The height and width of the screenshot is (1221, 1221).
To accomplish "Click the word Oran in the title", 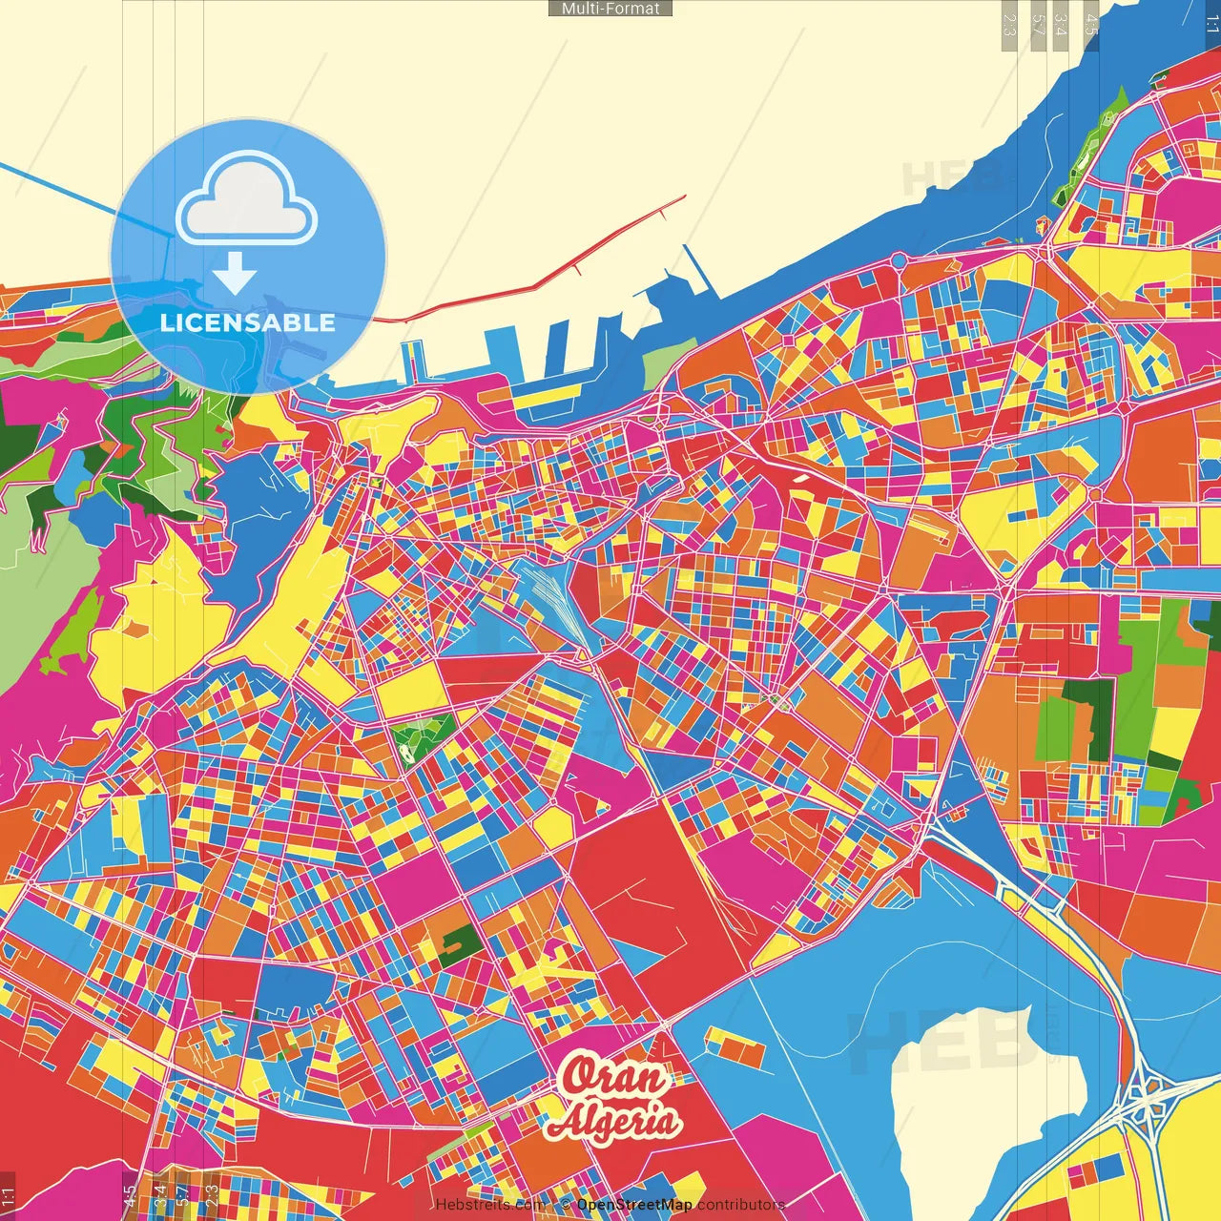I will pos(613,1077).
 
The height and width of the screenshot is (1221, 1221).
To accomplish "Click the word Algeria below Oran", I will pos(613,1122).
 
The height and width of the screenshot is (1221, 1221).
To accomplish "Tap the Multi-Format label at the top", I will pos(610,9).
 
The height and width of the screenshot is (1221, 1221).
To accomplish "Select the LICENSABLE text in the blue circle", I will pos(248,322).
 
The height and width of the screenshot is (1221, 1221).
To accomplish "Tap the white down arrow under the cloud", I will pos(235,273).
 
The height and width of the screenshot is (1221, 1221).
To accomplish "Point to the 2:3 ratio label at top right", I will pos(1009,25).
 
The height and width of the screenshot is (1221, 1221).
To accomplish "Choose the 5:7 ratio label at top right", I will pos(1038,25).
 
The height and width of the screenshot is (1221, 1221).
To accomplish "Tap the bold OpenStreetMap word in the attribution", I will pos(633,1205).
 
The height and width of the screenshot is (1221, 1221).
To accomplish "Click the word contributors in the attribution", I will pos(740,1205).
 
